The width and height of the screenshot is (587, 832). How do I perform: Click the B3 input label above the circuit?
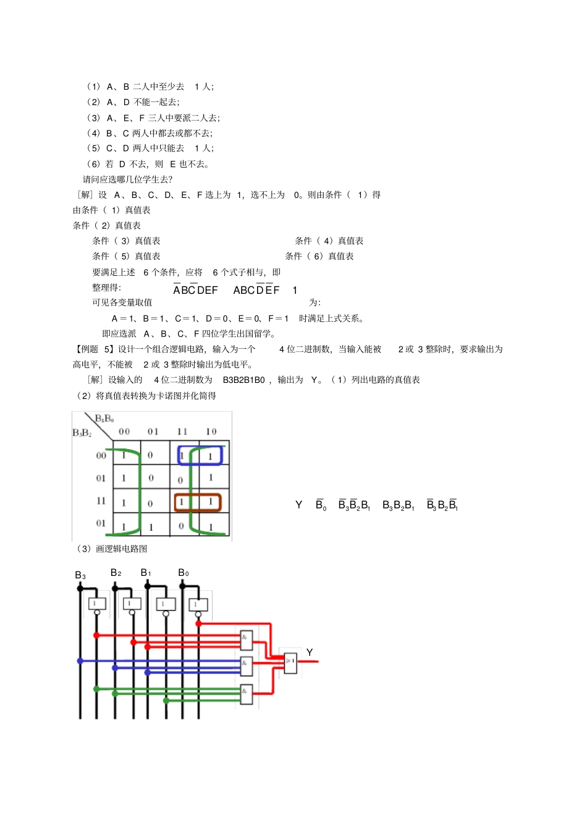80,575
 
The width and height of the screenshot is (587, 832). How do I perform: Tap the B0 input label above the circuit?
184,573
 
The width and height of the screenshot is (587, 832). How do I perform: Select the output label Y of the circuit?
310,653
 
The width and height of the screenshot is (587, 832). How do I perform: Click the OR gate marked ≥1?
290,661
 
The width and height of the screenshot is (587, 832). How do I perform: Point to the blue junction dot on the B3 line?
80,661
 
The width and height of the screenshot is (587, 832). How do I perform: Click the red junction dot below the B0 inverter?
198,624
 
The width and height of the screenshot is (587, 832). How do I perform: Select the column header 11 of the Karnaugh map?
182,431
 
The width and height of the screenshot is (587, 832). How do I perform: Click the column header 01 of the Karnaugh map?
153,431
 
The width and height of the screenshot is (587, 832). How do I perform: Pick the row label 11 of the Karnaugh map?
101,501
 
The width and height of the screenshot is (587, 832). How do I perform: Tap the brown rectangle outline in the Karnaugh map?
198,502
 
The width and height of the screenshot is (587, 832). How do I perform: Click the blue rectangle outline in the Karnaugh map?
200,455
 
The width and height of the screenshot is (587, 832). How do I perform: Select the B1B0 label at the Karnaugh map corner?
104,419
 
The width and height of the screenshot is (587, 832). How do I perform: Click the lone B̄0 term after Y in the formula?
321,505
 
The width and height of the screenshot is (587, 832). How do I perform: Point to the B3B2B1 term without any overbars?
399,505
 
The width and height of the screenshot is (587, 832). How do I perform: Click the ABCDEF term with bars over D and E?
256,289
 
